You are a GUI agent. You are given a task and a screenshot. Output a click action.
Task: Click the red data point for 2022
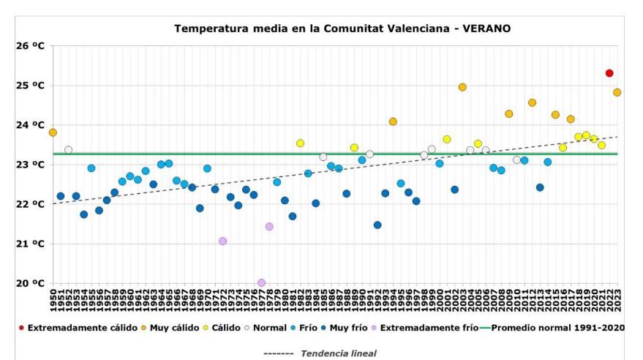(x=609, y=73)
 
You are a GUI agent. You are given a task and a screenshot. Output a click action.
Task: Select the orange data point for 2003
(x=462, y=87)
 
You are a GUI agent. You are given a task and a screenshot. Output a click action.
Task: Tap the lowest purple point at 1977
(x=261, y=282)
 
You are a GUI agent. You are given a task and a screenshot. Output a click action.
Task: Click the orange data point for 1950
(x=53, y=132)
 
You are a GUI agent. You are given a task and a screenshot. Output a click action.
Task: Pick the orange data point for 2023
(x=617, y=92)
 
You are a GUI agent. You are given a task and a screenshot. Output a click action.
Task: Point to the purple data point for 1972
(x=222, y=241)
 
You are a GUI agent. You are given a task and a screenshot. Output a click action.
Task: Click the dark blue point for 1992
(x=377, y=225)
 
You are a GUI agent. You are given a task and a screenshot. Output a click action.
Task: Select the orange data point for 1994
(x=393, y=121)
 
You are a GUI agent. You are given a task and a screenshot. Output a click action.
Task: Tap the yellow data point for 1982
(x=300, y=143)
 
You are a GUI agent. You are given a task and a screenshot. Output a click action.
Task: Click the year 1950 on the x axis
(x=53, y=301)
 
